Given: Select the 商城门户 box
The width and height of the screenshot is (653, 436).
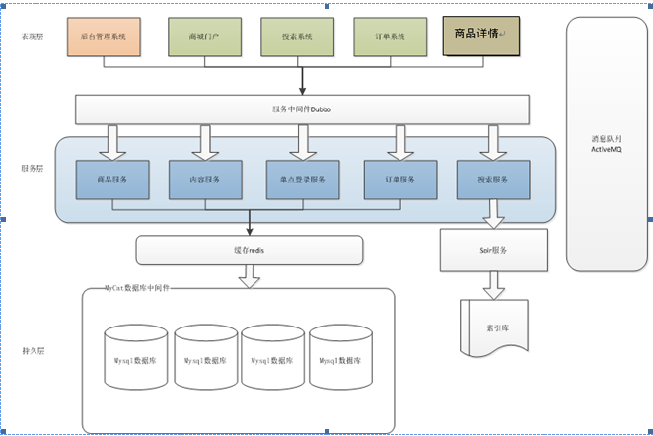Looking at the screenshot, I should (x=205, y=36).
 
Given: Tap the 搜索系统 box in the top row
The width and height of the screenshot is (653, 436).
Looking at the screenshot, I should (x=298, y=36).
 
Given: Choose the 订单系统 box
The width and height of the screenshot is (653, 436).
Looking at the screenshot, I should (x=391, y=36).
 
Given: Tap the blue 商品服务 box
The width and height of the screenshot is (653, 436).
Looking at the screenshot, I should (x=112, y=180).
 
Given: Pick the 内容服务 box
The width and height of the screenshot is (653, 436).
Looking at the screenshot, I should (x=205, y=180).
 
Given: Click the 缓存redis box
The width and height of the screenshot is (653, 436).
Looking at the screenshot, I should (x=250, y=251).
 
